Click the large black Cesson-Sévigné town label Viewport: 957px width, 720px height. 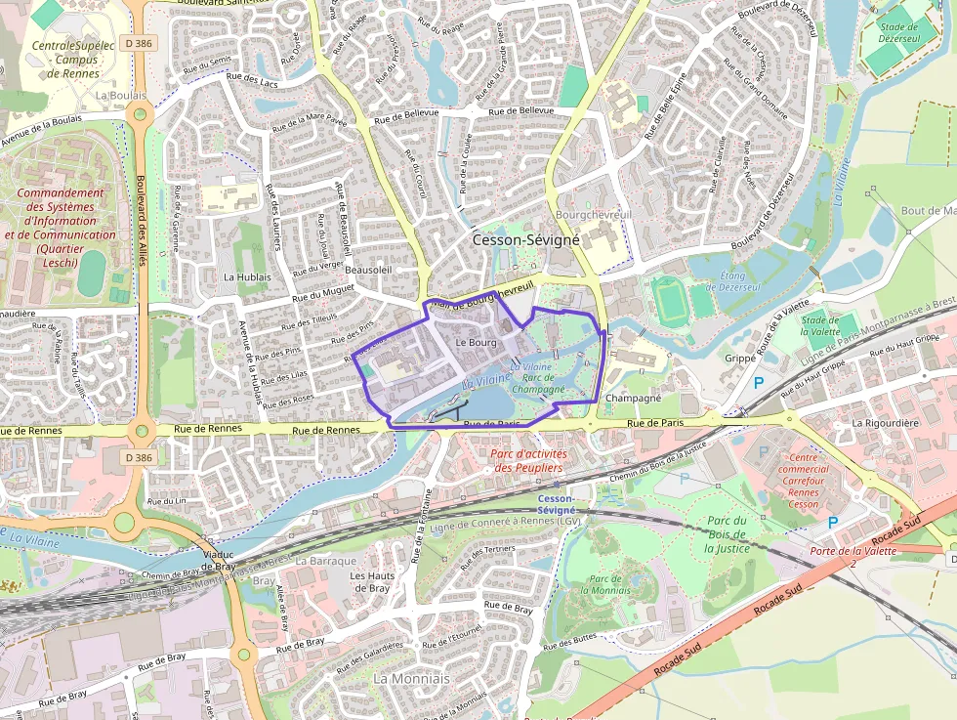point(525,239)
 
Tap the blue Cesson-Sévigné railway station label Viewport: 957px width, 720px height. point(557,504)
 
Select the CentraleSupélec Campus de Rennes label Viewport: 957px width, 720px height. point(73,59)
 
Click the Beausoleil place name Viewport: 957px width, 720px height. point(368,269)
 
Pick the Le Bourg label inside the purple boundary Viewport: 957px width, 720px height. point(476,343)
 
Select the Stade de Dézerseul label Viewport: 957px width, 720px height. point(898,34)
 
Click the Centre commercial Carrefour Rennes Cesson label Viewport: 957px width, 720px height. point(804,481)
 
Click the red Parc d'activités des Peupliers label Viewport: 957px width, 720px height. point(526,460)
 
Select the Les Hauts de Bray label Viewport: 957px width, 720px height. point(370,581)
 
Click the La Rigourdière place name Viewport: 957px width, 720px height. point(886,423)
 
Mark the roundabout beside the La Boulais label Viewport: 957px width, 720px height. point(140,114)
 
